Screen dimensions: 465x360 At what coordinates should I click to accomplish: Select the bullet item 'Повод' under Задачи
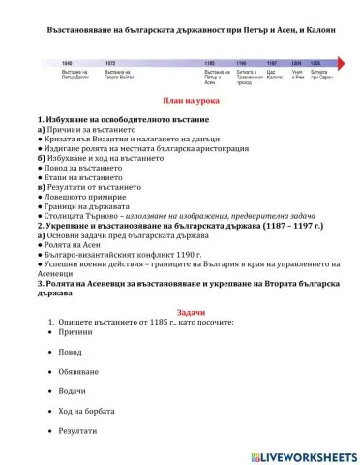pos(71,353)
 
